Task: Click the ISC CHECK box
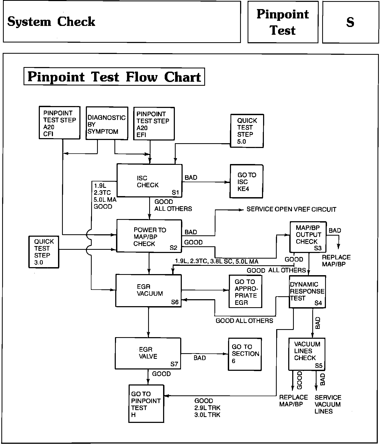click(x=149, y=181)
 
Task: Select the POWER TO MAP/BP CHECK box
click(x=149, y=236)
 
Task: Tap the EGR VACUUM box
click(x=148, y=290)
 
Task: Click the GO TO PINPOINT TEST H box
click(x=146, y=403)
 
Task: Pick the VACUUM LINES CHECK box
click(x=307, y=354)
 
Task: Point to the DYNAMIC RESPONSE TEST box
click(x=307, y=292)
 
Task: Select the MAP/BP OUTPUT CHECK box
click(x=308, y=237)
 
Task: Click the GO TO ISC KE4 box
click(x=247, y=181)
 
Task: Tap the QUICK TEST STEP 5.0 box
click(x=247, y=131)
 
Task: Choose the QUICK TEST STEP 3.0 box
click(x=44, y=252)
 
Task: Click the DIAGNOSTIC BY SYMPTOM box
click(x=107, y=123)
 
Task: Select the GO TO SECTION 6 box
click(x=245, y=354)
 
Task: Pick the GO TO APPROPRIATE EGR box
click(x=245, y=291)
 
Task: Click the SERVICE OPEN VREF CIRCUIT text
click(x=291, y=209)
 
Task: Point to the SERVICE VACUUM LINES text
click(x=328, y=404)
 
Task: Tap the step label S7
click(x=174, y=364)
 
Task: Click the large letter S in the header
click(x=350, y=22)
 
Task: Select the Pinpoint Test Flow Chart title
click(x=114, y=77)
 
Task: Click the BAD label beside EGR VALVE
click(x=200, y=358)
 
